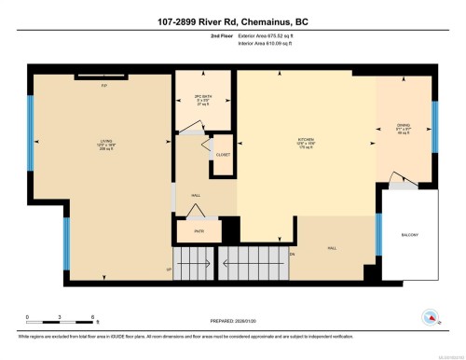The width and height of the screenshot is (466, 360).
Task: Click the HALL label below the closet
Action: click(196, 195)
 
